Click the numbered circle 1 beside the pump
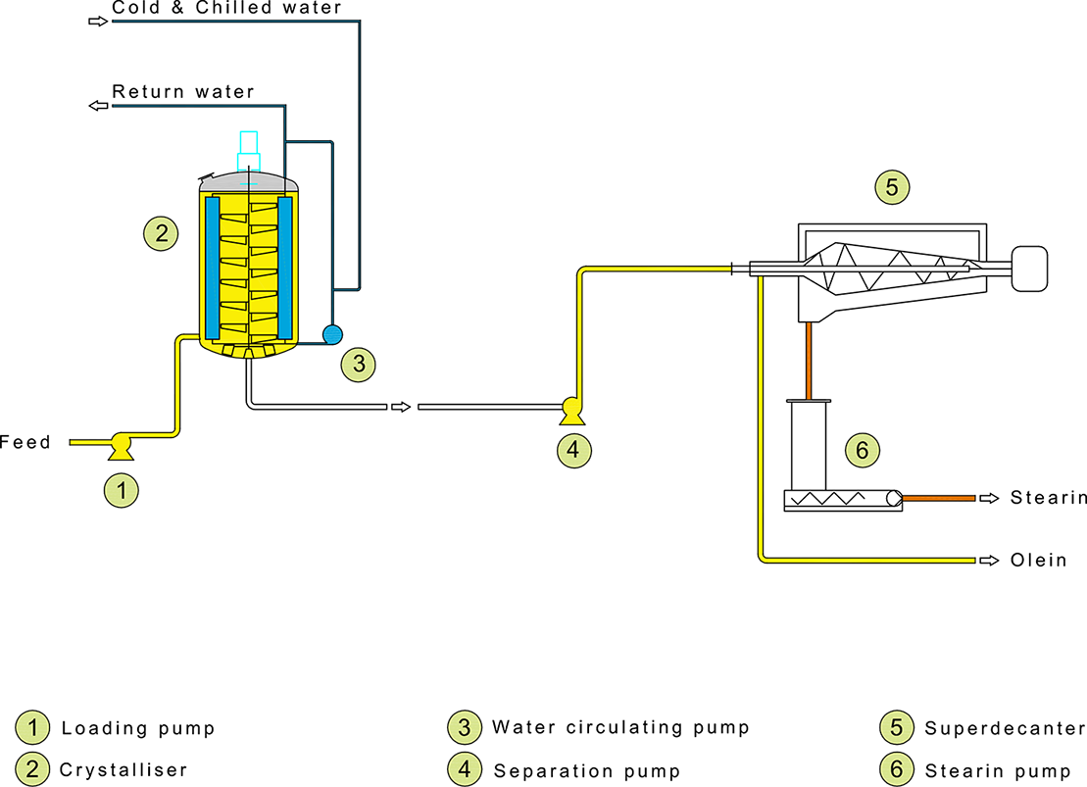tap(122, 491)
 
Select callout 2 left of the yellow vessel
tap(161, 233)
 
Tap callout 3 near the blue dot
tap(359, 365)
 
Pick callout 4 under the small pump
tap(574, 450)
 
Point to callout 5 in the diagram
tap(892, 186)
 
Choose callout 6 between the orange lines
tap(863, 450)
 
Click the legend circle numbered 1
tap(32, 728)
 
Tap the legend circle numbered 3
tap(465, 728)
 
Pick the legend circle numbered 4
tap(465, 769)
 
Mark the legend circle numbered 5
tap(896, 728)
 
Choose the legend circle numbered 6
tap(896, 769)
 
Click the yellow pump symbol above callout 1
tap(122, 446)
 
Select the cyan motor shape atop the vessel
tap(239, 142)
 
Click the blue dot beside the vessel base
tap(332, 334)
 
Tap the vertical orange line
tap(809, 360)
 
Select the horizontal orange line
tap(938, 498)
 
